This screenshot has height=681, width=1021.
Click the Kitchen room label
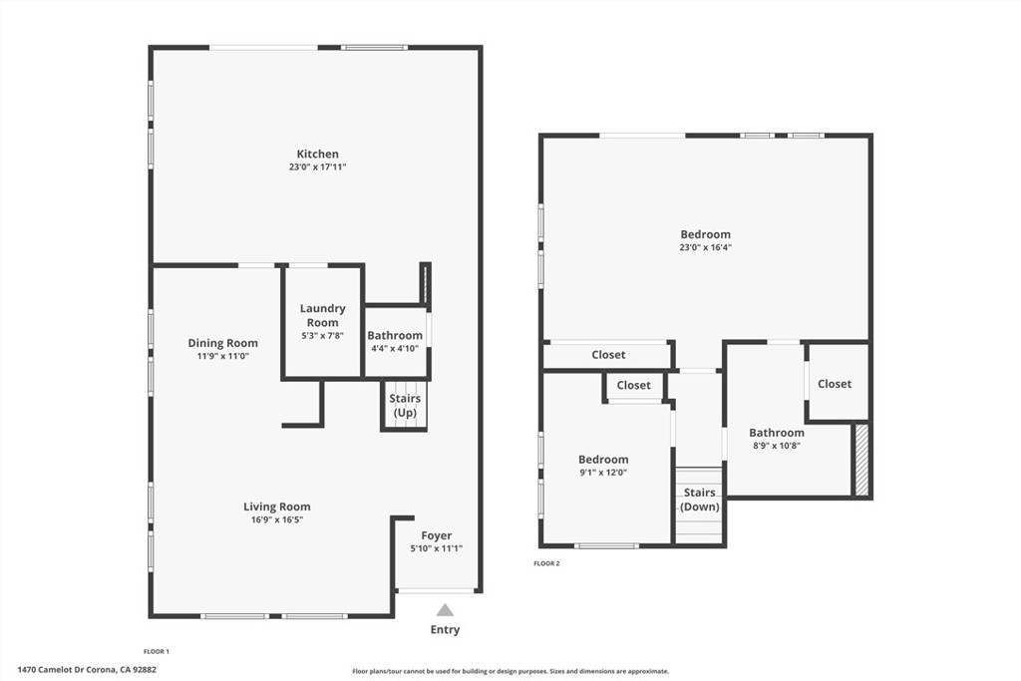(317, 155)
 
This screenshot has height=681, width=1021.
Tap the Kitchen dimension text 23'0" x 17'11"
(318, 168)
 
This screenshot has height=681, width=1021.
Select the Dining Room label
(222, 343)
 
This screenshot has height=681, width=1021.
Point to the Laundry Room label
(322, 315)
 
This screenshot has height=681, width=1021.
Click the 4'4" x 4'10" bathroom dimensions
(395, 348)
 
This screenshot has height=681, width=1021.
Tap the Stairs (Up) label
(405, 405)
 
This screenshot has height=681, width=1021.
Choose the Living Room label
(277, 507)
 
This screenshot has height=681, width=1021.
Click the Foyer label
(437, 535)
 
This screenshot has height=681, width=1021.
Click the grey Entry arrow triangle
(445, 610)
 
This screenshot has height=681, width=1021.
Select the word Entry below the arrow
(445, 629)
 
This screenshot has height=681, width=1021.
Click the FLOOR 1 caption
(157, 651)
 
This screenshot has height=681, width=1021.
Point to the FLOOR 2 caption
(547, 563)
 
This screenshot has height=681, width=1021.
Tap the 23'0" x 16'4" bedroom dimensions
(705, 247)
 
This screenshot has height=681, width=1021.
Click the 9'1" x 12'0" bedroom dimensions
(603, 473)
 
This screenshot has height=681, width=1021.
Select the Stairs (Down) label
(700, 500)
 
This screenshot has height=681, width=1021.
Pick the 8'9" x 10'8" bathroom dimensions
(776, 446)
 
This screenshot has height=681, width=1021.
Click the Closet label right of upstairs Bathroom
(835, 384)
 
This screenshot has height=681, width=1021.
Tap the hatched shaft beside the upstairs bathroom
(861, 461)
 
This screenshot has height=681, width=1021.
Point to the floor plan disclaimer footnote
(510, 671)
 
